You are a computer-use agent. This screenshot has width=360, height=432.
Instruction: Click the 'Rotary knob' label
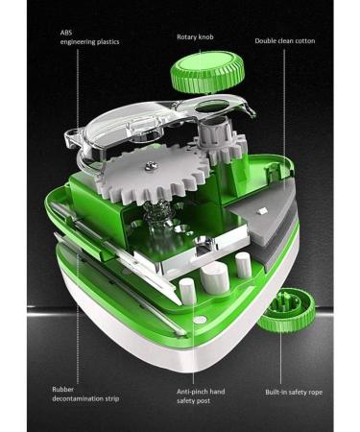[x=195, y=37]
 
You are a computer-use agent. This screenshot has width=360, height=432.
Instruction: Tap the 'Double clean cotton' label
[x=285, y=41]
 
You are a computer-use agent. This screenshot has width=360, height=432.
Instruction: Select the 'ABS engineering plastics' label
[x=89, y=37]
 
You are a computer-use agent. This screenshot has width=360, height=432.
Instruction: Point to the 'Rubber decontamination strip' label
[x=85, y=394]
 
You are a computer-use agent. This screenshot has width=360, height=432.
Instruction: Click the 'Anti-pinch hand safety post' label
[x=201, y=396]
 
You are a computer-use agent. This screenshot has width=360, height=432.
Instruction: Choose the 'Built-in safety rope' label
[x=294, y=392]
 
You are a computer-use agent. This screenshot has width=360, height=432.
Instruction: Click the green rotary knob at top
[x=207, y=72]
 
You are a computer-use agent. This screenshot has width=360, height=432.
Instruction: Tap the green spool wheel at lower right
[x=287, y=309]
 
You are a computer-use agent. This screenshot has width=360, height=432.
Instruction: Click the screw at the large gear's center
[x=149, y=165]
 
